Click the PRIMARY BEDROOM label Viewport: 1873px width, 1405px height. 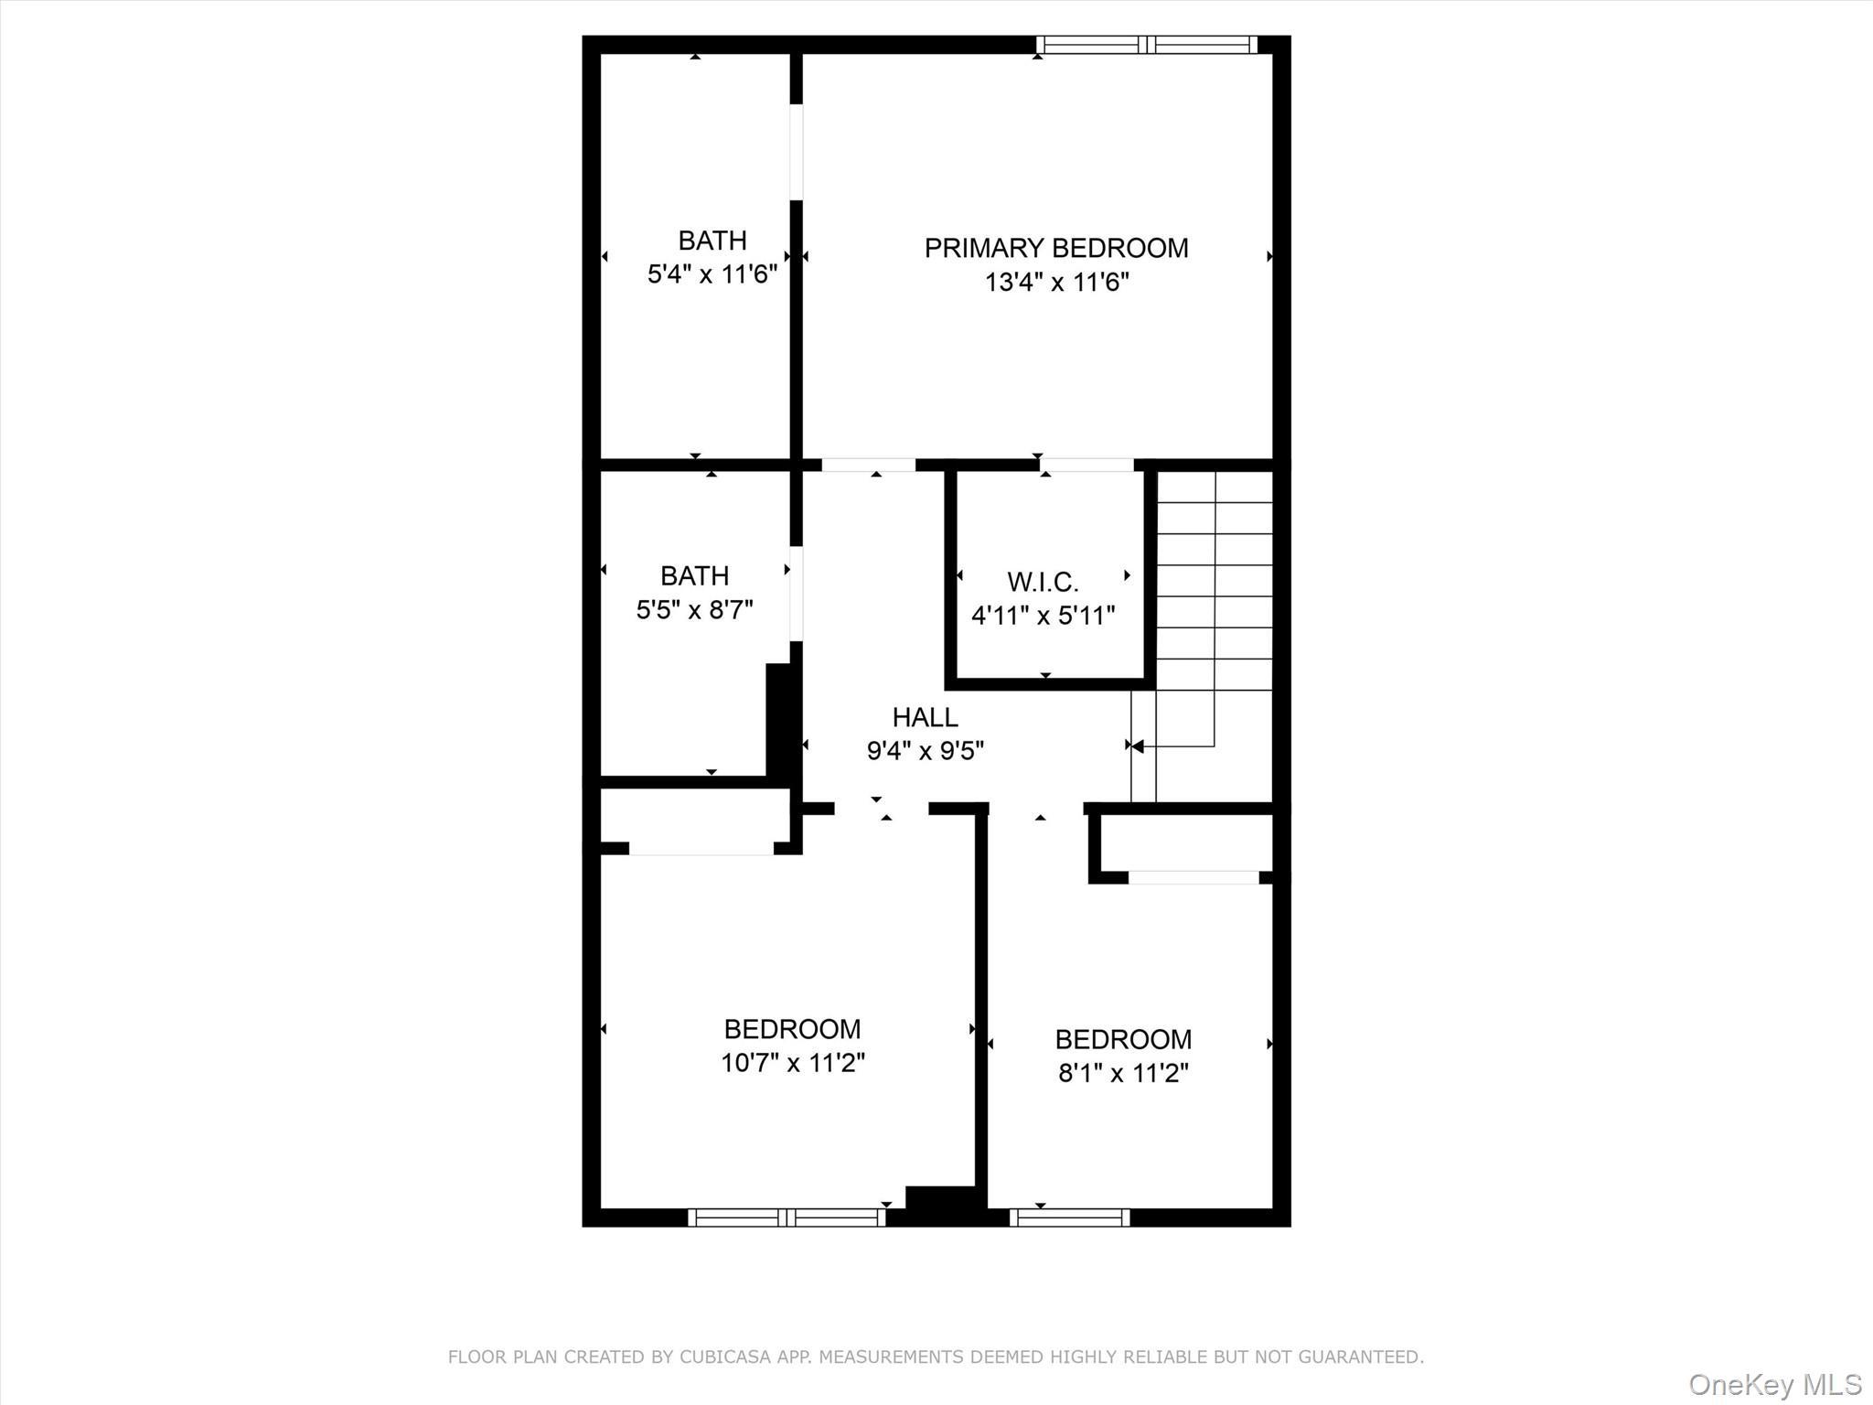pyautogui.click(x=1055, y=248)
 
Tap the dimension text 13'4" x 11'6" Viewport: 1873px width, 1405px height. pyautogui.click(x=1056, y=282)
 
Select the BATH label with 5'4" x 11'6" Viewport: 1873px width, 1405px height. pyautogui.click(x=712, y=241)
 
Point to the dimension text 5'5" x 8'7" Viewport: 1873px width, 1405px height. pyautogui.click(x=694, y=609)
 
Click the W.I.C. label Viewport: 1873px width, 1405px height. pyautogui.click(x=1043, y=582)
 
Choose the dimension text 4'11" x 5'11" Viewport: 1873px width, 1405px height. pyautogui.click(x=1043, y=616)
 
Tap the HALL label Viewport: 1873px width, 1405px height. pyautogui.click(x=925, y=717)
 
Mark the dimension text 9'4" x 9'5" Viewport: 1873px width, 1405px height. pyautogui.click(x=925, y=751)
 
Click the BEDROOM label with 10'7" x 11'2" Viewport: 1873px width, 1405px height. pyautogui.click(x=792, y=1029)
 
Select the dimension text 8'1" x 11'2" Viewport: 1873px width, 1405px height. pyautogui.click(x=1122, y=1073)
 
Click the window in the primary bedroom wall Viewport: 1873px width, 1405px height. pyautogui.click(x=1147, y=44)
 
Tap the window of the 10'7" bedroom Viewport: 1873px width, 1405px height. pyautogui.click(x=787, y=1217)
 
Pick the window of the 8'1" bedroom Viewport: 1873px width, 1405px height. pyautogui.click(x=1069, y=1217)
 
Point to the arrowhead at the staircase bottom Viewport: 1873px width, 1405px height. pyautogui.click(x=1138, y=746)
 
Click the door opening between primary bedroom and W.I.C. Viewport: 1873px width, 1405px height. pyautogui.click(x=1086, y=466)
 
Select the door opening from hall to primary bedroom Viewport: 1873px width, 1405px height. pyautogui.click(x=868, y=466)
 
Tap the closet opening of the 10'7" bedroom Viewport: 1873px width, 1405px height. pyautogui.click(x=701, y=849)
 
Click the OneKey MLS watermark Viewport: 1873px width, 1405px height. pyautogui.click(x=1774, y=1384)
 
